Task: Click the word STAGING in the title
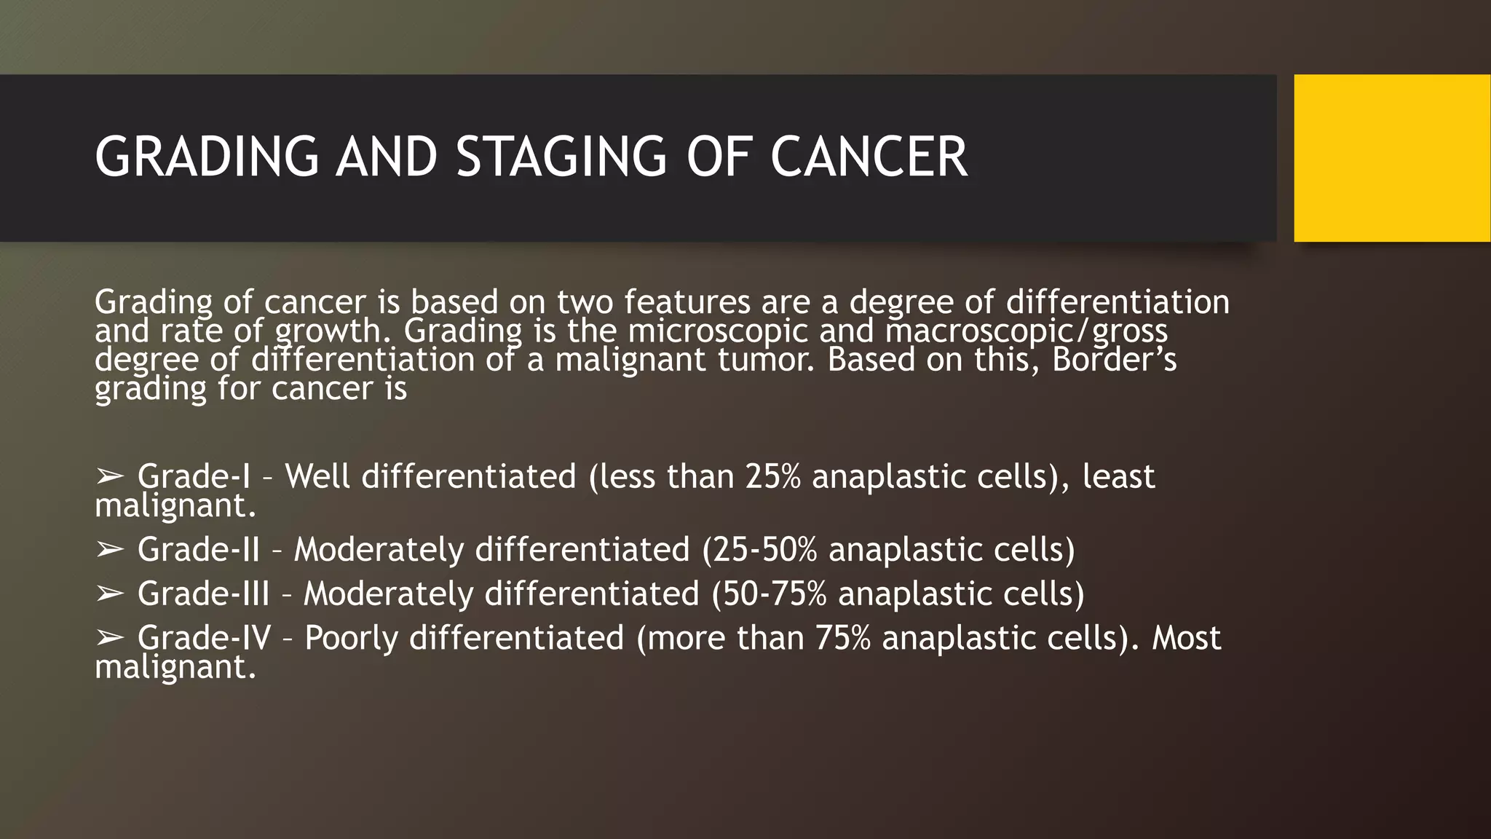(561, 157)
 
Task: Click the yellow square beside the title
(1391, 158)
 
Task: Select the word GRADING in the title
(207, 157)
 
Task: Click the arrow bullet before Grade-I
(110, 477)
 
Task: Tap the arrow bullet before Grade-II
(110, 550)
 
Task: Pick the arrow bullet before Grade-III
(110, 594)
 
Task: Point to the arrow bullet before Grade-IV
(110, 639)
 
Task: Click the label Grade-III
(203, 594)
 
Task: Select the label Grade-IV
(204, 638)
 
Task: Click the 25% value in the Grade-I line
(772, 476)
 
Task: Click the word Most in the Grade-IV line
(1186, 638)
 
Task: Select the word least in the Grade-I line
(1118, 476)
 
